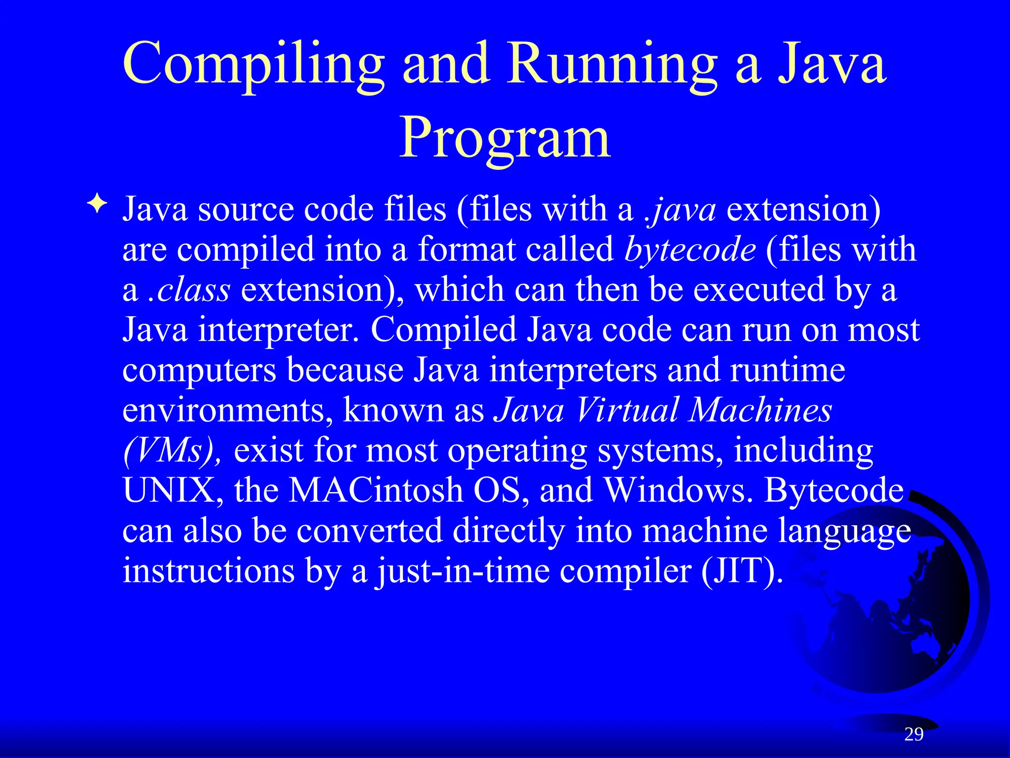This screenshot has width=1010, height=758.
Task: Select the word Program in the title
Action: click(505, 138)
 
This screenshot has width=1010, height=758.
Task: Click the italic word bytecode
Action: click(689, 250)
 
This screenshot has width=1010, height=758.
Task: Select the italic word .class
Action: click(189, 290)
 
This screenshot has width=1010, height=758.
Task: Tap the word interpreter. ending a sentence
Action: click(279, 330)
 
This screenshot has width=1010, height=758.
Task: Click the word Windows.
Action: click(679, 491)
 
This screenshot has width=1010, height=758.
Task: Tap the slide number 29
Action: click(914, 734)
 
